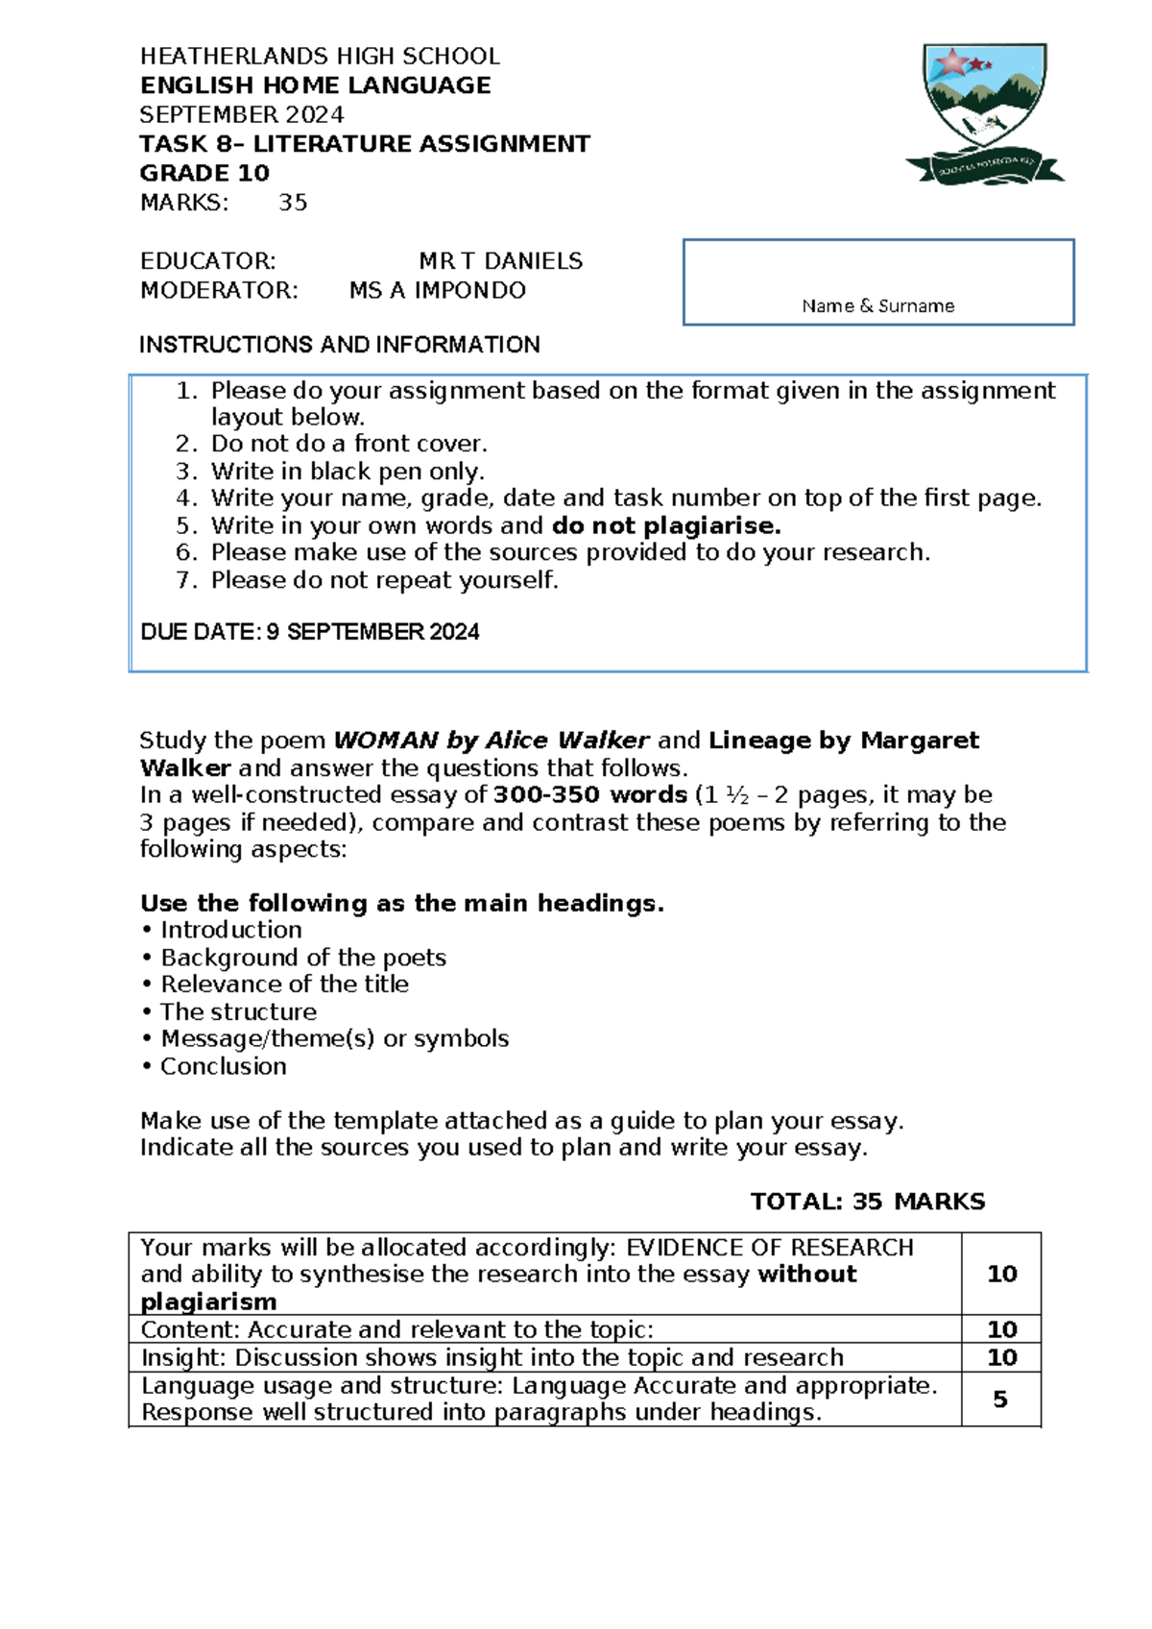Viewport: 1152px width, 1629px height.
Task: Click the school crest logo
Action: coord(984,113)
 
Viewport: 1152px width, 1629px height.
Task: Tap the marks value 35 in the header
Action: coord(293,203)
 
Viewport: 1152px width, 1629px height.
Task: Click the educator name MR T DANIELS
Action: coord(500,261)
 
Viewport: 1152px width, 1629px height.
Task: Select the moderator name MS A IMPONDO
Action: coord(438,290)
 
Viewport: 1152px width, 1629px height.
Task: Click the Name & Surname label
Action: coord(877,306)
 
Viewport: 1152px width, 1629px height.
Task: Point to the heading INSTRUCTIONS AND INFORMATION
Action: coord(339,345)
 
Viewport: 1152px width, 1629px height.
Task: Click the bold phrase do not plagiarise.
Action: coord(666,525)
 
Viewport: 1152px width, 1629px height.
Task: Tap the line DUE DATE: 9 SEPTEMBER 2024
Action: coord(309,632)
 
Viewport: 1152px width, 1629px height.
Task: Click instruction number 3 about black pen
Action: coord(348,472)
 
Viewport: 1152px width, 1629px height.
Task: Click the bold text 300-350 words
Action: coord(589,795)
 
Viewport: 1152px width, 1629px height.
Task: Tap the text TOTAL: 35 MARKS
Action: coord(867,1202)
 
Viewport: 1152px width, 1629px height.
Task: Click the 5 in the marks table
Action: coord(999,1399)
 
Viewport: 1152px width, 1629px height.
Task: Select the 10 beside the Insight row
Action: coord(1001,1357)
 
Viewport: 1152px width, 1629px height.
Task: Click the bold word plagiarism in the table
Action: coord(208,1301)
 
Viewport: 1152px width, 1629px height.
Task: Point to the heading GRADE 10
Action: coord(204,174)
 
